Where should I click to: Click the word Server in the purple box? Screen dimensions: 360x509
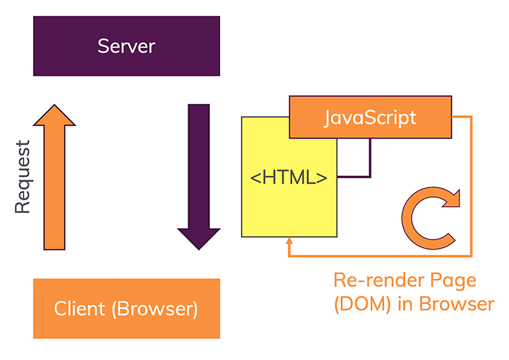click(126, 46)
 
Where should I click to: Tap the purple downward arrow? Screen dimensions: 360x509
click(199, 170)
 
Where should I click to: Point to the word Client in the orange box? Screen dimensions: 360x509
click(80, 309)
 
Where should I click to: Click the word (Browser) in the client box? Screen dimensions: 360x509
click(155, 309)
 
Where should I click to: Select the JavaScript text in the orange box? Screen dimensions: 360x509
click(369, 117)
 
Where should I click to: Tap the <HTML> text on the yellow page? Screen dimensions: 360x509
click(289, 177)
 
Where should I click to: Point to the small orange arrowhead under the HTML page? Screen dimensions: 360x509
click(289, 242)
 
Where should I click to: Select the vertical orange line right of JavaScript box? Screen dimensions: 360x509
click(471, 187)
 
